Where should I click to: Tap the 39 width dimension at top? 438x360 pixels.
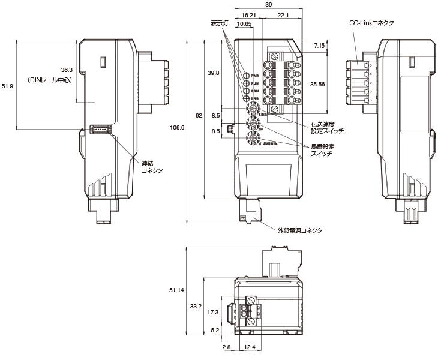point(269,5)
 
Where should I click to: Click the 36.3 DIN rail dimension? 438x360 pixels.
point(67,70)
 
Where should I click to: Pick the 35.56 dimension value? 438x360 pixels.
point(317,85)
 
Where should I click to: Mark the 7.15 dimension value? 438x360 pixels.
point(319,46)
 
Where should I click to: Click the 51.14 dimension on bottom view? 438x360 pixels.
point(176,290)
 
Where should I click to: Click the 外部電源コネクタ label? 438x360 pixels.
point(299,230)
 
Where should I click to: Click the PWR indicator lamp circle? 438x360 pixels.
point(246,76)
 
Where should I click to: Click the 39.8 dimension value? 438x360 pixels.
point(214,73)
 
